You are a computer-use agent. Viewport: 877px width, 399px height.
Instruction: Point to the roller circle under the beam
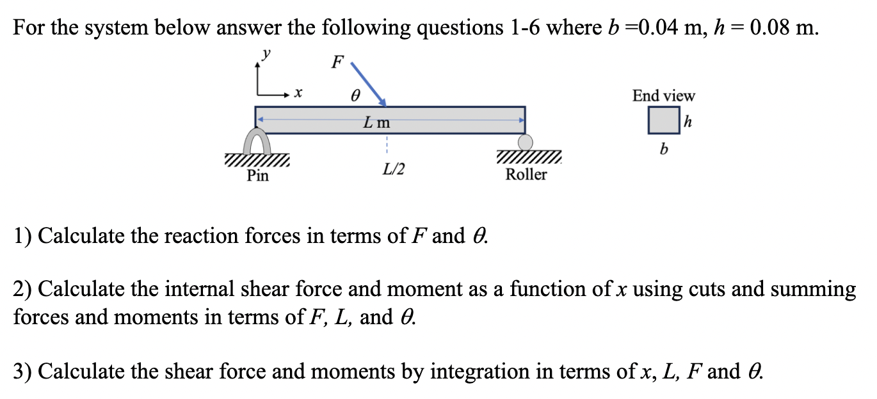click(x=526, y=141)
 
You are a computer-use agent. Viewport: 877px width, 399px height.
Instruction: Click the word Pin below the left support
click(x=258, y=175)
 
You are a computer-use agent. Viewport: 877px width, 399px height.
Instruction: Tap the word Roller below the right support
click(x=526, y=175)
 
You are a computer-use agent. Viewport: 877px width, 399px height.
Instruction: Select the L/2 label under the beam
click(x=393, y=170)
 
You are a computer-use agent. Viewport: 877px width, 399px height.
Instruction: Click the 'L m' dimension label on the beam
click(x=376, y=121)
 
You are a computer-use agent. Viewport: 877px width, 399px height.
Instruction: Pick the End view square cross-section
click(x=663, y=120)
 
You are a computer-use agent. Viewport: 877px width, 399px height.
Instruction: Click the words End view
click(x=663, y=96)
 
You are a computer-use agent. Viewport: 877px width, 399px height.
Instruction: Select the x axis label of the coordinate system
click(x=297, y=95)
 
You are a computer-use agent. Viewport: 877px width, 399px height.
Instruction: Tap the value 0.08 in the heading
click(x=773, y=28)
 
